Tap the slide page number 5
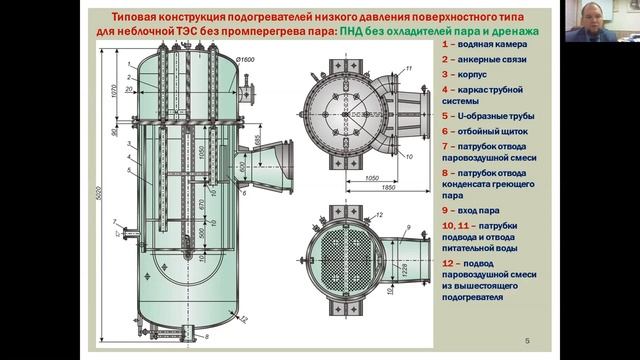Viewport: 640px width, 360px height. point(528,343)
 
